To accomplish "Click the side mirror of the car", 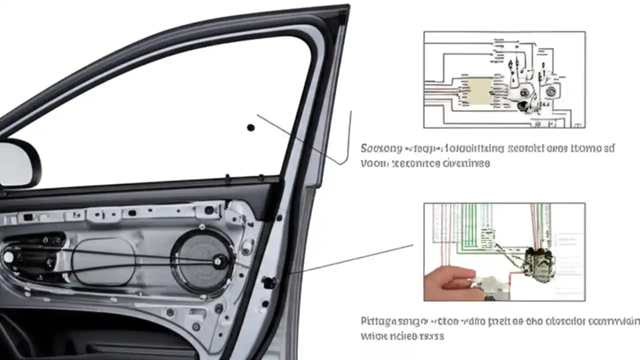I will coord(19,163).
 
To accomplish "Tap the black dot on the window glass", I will coord(251,128).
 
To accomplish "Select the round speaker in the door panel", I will coord(202,260).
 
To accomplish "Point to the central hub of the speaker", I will coord(218,260).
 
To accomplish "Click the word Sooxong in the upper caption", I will coord(381,148).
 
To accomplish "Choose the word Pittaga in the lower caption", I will coord(378,321).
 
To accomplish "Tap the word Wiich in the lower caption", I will coord(372,336).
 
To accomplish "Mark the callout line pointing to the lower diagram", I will coord(350,258).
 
